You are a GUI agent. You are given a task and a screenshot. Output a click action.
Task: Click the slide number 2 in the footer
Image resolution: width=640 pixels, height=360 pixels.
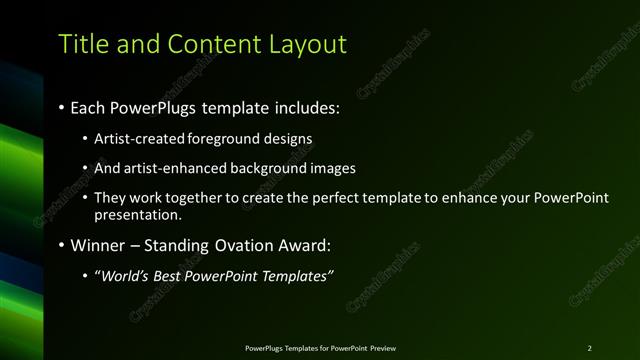589,347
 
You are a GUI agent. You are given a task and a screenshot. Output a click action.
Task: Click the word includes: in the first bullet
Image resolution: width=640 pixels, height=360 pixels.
303,106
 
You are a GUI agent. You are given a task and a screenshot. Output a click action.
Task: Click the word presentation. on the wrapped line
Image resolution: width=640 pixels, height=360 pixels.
138,214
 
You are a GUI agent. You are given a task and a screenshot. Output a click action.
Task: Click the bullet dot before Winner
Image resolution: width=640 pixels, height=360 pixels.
61,245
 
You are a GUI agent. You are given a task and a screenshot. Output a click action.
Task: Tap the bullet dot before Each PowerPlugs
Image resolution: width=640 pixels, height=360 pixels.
61,107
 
